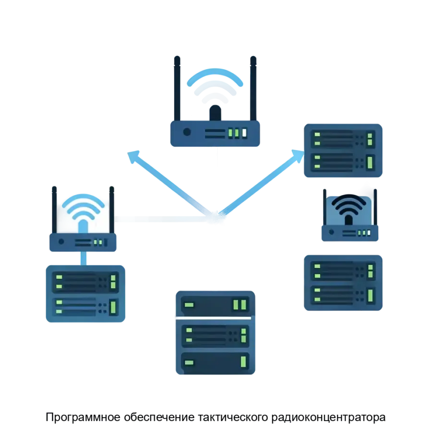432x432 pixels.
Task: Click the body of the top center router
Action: [x=215, y=132]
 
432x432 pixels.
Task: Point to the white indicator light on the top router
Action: [x=244, y=132]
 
